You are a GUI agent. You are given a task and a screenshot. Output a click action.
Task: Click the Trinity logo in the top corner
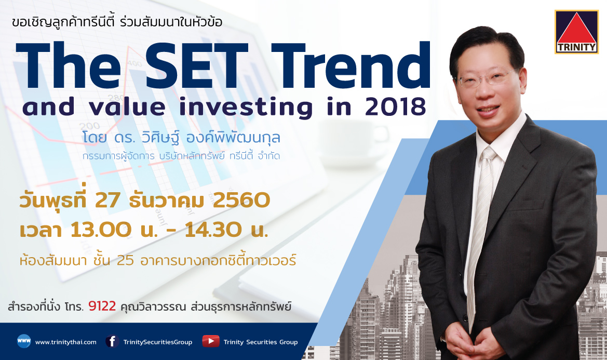[x=576, y=32]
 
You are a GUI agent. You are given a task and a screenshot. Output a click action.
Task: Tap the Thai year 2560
[x=241, y=201]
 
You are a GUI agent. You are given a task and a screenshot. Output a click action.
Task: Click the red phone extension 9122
[x=102, y=306]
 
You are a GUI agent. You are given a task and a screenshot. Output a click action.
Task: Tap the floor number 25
[x=125, y=260]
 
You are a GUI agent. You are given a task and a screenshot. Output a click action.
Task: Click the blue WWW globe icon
[x=23, y=341]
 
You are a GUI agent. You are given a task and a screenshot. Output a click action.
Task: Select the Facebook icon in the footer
[x=112, y=341]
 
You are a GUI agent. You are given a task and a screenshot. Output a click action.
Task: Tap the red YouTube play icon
[x=211, y=341]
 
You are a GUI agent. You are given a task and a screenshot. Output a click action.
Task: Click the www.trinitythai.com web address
[x=66, y=342]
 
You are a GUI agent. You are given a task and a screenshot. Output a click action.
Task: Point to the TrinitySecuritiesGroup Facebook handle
[x=157, y=342]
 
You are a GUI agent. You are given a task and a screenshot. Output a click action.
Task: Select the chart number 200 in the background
[x=89, y=126]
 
